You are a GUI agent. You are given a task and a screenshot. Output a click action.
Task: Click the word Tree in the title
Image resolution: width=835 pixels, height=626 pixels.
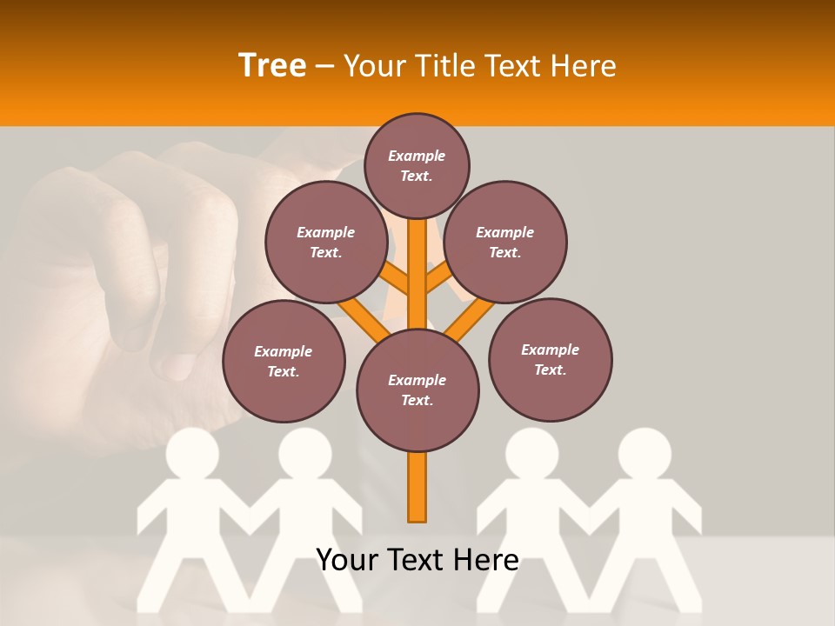tap(272, 66)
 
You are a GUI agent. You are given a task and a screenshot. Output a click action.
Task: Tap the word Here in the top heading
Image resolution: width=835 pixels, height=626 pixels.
tap(582, 66)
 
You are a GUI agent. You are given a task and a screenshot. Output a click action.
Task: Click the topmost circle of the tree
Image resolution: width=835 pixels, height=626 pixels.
tap(417, 165)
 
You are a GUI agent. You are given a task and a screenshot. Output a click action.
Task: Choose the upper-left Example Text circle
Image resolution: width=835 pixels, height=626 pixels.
tap(325, 242)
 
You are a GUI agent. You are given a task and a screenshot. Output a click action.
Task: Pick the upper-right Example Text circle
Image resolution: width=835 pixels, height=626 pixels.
tap(505, 242)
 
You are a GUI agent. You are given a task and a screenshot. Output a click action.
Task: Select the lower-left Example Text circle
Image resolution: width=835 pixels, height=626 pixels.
tap(284, 361)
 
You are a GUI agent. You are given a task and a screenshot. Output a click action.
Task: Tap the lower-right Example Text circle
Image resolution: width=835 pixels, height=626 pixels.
tap(550, 359)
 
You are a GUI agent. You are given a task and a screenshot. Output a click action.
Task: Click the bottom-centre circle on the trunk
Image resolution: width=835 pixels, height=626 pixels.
tap(417, 390)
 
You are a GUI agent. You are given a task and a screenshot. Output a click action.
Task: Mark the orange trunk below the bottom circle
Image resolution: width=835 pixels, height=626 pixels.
tap(417, 487)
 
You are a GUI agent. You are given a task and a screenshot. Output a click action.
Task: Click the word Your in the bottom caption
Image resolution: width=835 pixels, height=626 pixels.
tap(345, 560)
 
